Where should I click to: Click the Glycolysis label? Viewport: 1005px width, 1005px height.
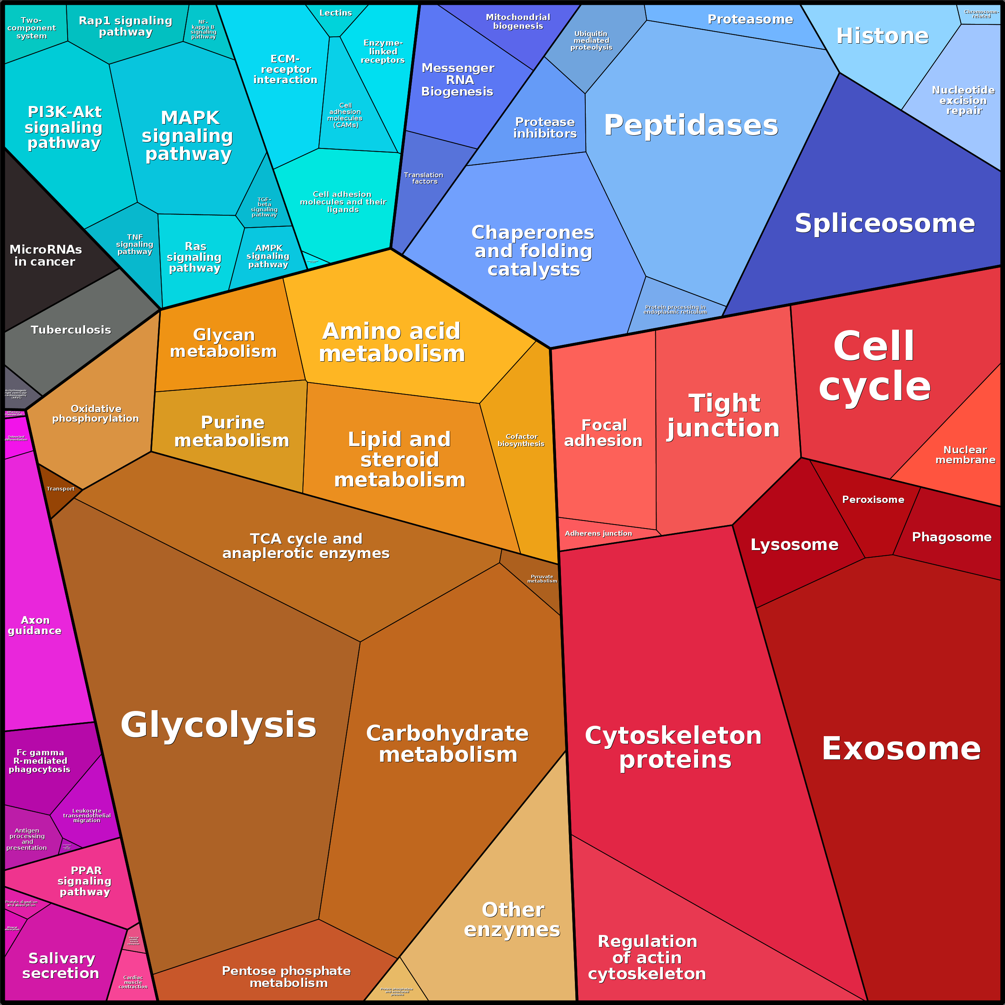pyautogui.click(x=218, y=725)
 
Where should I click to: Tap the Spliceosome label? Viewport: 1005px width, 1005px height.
pyautogui.click(x=884, y=223)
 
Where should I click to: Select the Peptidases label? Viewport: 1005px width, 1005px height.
pyautogui.click(x=691, y=125)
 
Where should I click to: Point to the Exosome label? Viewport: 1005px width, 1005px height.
pyautogui.click(x=901, y=748)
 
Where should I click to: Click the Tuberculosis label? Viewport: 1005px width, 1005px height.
pyautogui.click(x=71, y=330)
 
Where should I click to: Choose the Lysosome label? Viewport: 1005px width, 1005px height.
pyautogui.click(x=794, y=545)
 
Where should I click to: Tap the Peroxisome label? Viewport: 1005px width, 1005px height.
pyautogui.click(x=873, y=499)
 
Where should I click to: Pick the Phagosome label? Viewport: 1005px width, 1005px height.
pyautogui.click(x=951, y=537)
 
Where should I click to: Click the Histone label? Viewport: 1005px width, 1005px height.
pyautogui.click(x=882, y=36)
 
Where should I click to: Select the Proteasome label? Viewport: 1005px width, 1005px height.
pyautogui.click(x=750, y=19)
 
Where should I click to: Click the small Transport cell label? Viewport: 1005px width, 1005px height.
pyautogui.click(x=60, y=489)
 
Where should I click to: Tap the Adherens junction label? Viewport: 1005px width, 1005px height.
pyautogui.click(x=598, y=533)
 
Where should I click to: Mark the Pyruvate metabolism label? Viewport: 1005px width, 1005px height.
pyautogui.click(x=542, y=579)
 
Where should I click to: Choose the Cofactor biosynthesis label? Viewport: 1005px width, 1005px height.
pyautogui.click(x=521, y=440)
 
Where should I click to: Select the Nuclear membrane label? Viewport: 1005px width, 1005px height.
pyautogui.click(x=965, y=454)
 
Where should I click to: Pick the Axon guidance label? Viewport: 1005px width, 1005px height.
pyautogui.click(x=35, y=625)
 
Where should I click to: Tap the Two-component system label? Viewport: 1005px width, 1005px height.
pyautogui.click(x=31, y=28)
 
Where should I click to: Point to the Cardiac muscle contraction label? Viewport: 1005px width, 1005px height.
pyautogui.click(x=133, y=982)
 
